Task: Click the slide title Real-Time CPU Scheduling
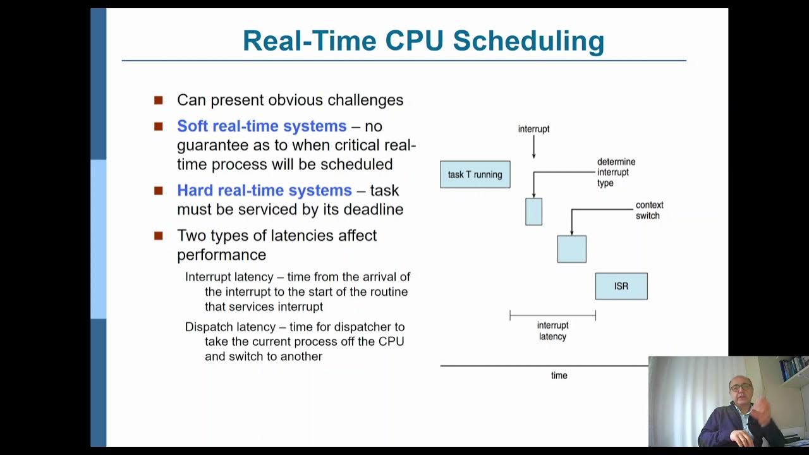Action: pyautogui.click(x=423, y=40)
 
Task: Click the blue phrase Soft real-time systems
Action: pyautogui.click(x=262, y=126)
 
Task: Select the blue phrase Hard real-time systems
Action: pyautogui.click(x=264, y=190)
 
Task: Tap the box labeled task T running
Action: pyautogui.click(x=475, y=174)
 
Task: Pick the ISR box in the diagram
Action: pyautogui.click(x=621, y=286)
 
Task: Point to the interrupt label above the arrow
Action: pyautogui.click(x=533, y=129)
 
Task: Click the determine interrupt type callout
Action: pyautogui.click(x=616, y=173)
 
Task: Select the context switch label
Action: pyautogui.click(x=649, y=210)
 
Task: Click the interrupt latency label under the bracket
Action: pyautogui.click(x=552, y=331)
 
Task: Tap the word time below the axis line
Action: pyautogui.click(x=559, y=375)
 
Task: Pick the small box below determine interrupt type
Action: pyautogui.click(x=533, y=212)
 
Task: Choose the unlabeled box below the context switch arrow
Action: pyautogui.click(x=571, y=249)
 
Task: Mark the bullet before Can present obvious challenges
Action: pyautogui.click(x=159, y=100)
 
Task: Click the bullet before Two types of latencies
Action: pyautogui.click(x=159, y=236)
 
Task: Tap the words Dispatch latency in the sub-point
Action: pyautogui.click(x=230, y=327)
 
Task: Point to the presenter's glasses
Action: pyautogui.click(x=741, y=387)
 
